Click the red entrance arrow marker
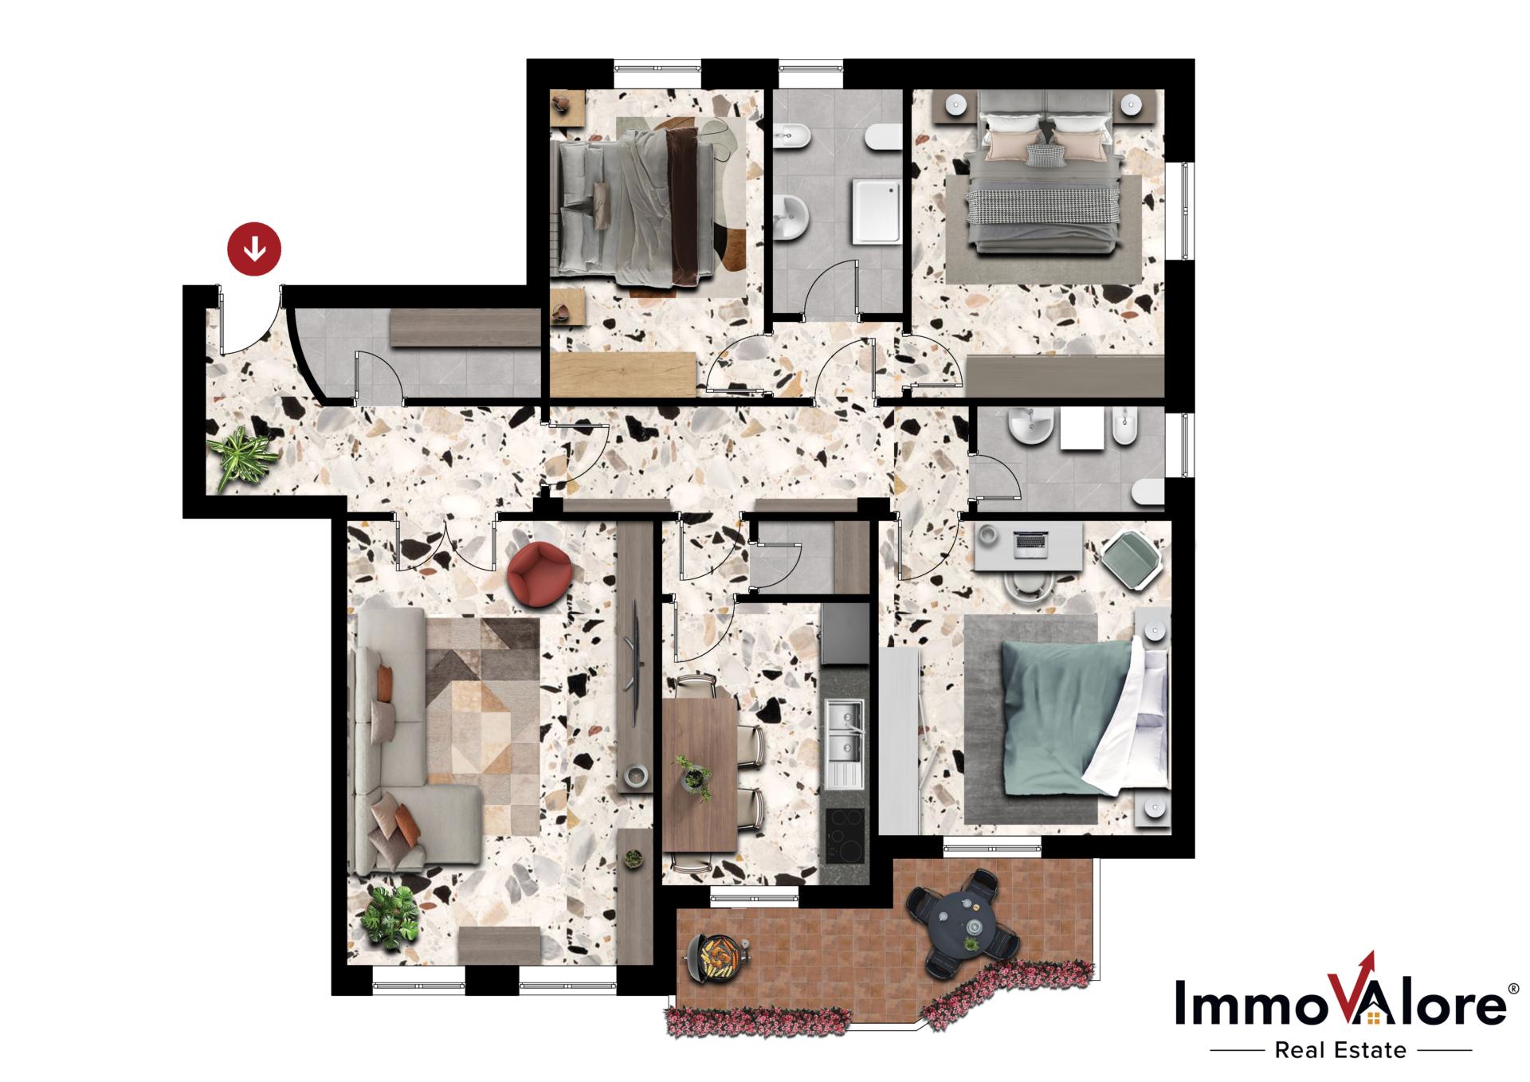coord(254,249)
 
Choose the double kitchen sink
coord(845,730)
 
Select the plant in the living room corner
coord(390,915)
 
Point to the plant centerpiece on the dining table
coord(692,776)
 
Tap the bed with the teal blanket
coord(1068,717)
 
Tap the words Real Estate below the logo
coord(1340,1050)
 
